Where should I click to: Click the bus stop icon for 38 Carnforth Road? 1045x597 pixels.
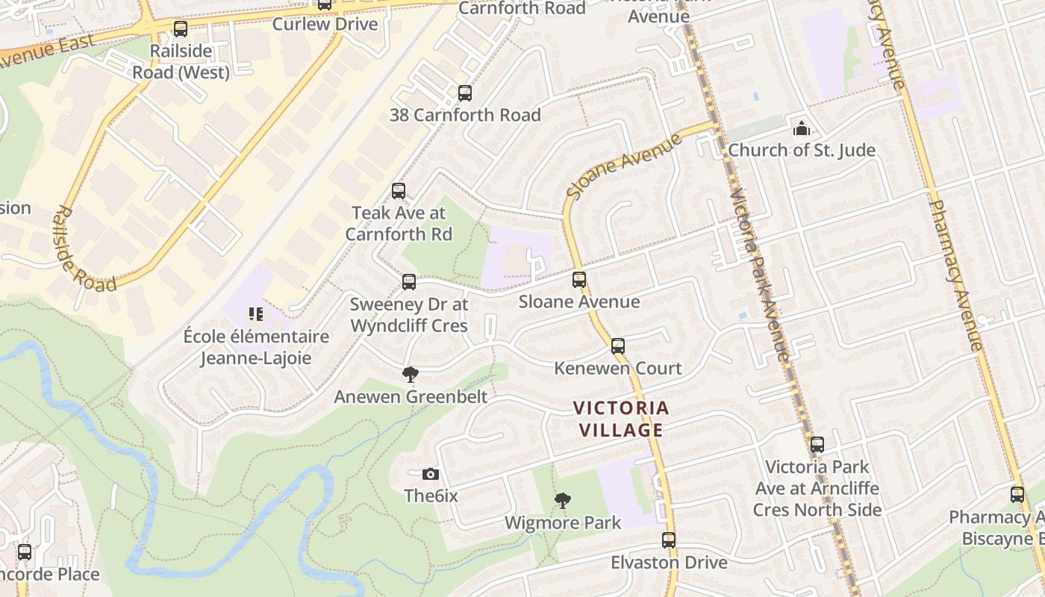coord(465,93)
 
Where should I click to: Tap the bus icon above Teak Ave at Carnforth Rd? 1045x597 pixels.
coord(399,191)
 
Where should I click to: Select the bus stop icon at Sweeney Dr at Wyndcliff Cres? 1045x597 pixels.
coord(409,281)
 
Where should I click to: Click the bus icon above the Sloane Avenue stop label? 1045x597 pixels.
coord(579,280)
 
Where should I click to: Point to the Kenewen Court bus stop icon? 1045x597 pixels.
coord(618,346)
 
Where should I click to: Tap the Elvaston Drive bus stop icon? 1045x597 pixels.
coord(669,540)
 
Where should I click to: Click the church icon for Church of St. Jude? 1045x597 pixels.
coord(802,128)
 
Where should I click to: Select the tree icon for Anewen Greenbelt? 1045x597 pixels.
coord(410,375)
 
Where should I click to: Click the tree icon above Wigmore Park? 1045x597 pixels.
coord(563,501)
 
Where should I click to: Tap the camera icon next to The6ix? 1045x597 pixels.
coord(430,474)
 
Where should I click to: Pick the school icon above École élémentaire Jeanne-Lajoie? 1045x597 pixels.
coord(256,314)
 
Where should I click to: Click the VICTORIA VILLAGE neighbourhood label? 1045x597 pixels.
coord(621,419)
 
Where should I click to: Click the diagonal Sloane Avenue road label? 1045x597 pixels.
coord(624,166)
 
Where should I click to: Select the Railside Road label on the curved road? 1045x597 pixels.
coord(84,249)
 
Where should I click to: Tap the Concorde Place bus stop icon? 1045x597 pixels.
coord(25,552)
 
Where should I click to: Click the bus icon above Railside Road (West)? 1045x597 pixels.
coord(181,29)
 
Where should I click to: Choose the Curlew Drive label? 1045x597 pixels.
coord(325,24)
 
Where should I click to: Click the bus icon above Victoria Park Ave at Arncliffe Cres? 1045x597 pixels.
coord(817,445)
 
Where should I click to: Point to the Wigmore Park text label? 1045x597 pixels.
coord(563,522)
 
